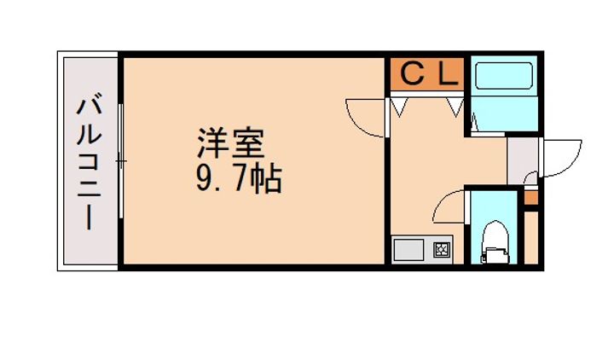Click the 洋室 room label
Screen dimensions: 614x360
230,142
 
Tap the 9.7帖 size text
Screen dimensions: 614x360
239,178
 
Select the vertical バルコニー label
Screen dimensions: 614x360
90,161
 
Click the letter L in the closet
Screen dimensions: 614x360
449,74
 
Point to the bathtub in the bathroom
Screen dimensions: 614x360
504,75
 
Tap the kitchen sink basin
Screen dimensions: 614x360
408,250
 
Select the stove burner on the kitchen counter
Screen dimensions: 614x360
443,249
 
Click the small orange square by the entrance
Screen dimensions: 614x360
531,197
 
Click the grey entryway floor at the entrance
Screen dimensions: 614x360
523,160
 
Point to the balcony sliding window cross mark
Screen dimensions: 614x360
121,161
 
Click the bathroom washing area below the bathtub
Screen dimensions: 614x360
504,113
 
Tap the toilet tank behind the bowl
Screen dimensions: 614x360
495,254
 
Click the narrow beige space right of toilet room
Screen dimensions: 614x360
531,237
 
